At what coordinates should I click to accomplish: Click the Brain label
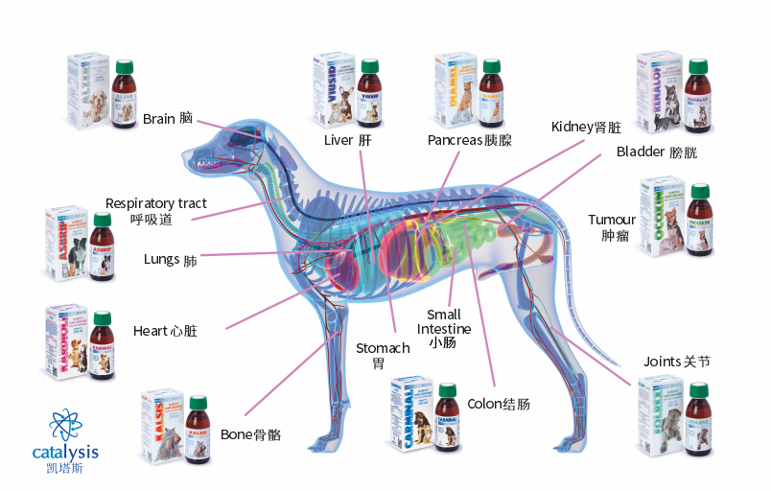pos(168,119)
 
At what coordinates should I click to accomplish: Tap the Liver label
pos(347,140)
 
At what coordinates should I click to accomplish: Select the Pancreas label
pos(469,140)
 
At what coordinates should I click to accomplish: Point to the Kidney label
pos(586,128)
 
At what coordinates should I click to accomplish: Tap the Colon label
pos(498,404)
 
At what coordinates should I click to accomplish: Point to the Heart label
pos(165,331)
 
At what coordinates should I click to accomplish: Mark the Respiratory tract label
pos(155,211)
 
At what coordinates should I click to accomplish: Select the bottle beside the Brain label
pos(124,93)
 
